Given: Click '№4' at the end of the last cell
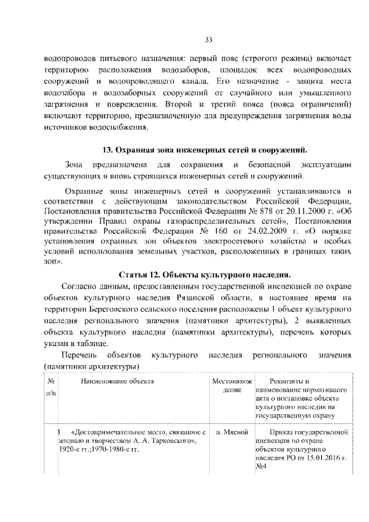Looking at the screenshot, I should pos(260,466).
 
